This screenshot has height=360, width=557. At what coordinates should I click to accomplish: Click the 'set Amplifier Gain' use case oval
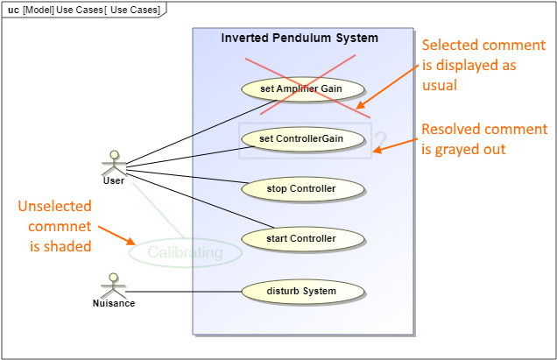302,88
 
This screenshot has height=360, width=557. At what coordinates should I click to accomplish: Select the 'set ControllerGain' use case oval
301,138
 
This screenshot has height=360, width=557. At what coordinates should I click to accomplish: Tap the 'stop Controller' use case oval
302,188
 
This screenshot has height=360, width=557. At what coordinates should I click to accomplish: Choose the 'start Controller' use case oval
302,237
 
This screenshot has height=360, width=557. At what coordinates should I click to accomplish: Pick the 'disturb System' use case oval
302,291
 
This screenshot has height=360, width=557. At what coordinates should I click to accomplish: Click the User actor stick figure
113,162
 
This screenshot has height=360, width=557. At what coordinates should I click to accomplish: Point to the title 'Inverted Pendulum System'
300,39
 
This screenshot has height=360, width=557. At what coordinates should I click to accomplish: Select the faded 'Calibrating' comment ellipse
185,253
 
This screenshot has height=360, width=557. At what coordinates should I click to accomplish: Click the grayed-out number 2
380,141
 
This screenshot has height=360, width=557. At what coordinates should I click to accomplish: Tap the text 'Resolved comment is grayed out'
483,139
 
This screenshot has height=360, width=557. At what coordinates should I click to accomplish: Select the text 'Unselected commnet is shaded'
54,227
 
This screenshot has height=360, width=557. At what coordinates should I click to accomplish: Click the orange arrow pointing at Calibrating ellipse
115,235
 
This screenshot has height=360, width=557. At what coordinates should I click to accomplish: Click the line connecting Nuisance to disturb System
184,291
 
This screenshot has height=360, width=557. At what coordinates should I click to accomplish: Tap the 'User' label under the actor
113,181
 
